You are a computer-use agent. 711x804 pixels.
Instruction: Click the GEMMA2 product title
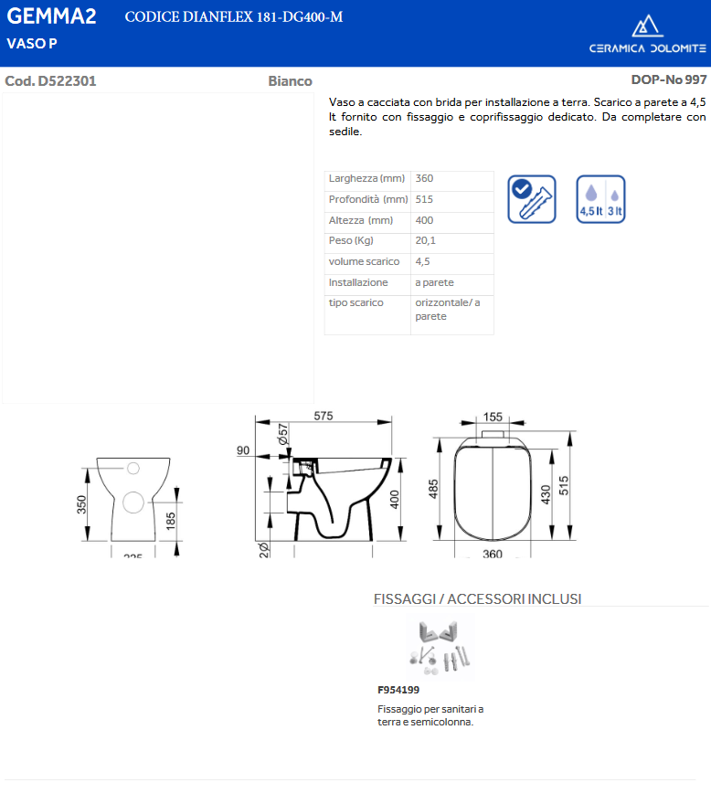[x=51, y=16]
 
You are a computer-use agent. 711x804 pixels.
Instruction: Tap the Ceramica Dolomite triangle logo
[x=647, y=26]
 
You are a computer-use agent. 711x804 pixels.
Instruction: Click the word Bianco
[x=291, y=81]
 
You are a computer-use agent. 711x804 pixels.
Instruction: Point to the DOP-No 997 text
[x=669, y=80]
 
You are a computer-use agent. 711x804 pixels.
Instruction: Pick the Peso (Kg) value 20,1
[x=425, y=240]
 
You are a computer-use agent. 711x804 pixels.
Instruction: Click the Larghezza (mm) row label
[x=366, y=178]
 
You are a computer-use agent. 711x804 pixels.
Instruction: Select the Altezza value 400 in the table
[x=424, y=220]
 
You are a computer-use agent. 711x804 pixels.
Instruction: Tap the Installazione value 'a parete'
[x=434, y=282]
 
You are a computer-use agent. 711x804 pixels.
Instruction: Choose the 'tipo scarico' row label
[x=356, y=302]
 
